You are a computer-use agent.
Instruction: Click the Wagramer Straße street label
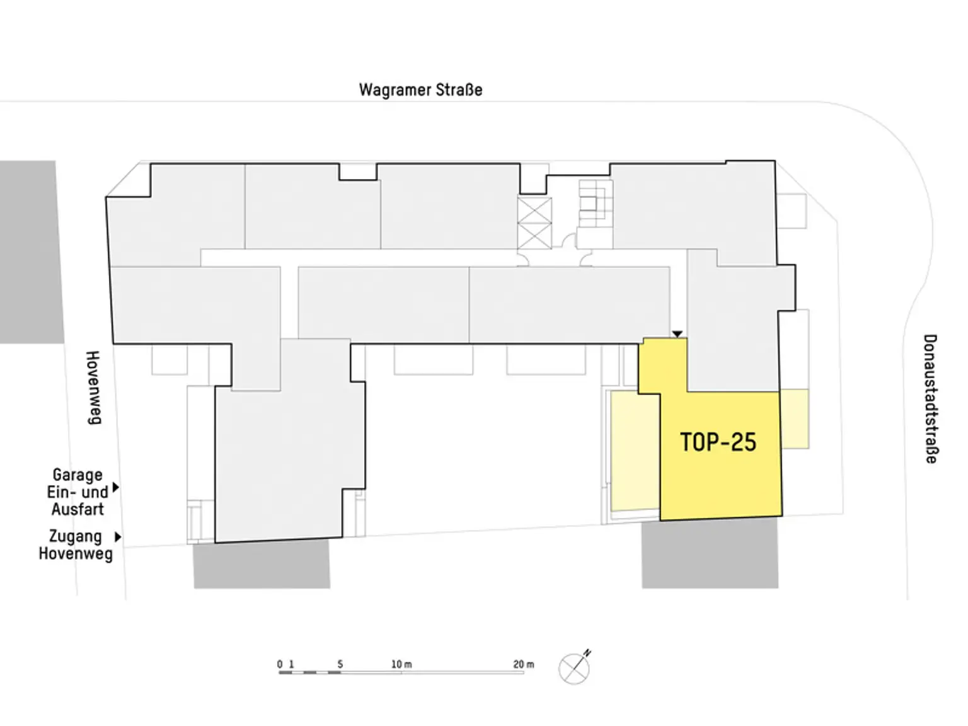pyautogui.click(x=420, y=90)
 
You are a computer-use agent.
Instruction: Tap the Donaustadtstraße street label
pyautogui.click(x=930, y=399)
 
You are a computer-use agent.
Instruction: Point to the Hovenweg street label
pyautogui.click(x=93, y=388)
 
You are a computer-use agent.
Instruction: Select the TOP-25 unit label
pyautogui.click(x=718, y=442)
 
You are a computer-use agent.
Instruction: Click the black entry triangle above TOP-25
pyautogui.click(x=677, y=334)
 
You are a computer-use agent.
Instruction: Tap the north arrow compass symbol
pyautogui.click(x=575, y=667)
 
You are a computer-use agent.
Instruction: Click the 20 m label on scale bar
pyautogui.click(x=524, y=664)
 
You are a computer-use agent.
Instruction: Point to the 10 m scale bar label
pyautogui.click(x=401, y=664)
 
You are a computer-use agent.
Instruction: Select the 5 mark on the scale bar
pyautogui.click(x=340, y=664)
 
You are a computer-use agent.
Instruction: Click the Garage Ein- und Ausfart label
pyautogui.click(x=78, y=492)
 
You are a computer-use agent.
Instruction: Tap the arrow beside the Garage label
pyautogui.click(x=116, y=487)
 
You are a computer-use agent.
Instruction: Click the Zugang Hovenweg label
pyautogui.click(x=76, y=545)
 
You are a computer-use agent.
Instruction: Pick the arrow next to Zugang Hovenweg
pyautogui.click(x=118, y=537)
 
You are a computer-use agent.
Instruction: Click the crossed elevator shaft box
pyautogui.click(x=534, y=223)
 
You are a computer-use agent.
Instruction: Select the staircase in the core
pyautogui.click(x=596, y=203)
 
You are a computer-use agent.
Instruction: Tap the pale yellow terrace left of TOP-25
pyautogui.click(x=635, y=451)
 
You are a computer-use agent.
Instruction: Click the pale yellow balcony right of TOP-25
pyautogui.click(x=795, y=418)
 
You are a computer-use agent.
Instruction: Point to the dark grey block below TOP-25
pyautogui.click(x=710, y=553)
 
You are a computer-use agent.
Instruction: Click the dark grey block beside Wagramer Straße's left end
pyautogui.click(x=31, y=251)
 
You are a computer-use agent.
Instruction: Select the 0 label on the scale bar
pyautogui.click(x=280, y=664)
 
